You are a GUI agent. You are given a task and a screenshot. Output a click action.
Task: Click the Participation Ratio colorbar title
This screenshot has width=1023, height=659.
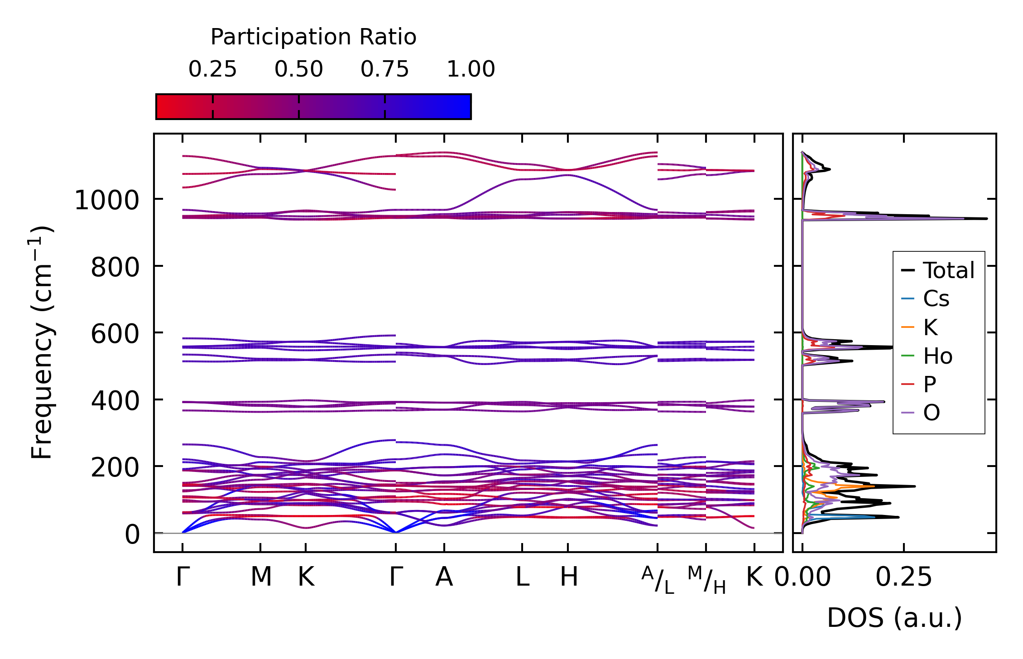[x=313, y=37]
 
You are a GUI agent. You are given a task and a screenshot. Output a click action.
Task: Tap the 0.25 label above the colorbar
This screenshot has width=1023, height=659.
[x=212, y=69]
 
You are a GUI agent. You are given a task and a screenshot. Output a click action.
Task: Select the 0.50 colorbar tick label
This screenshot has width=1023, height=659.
[x=298, y=69]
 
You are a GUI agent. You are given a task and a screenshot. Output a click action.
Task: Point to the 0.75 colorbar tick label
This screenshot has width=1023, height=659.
[x=384, y=69]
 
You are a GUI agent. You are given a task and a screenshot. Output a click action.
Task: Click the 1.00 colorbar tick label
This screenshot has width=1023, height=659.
[x=471, y=69]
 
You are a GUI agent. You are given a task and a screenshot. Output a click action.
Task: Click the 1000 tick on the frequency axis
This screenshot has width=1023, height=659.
[x=106, y=200]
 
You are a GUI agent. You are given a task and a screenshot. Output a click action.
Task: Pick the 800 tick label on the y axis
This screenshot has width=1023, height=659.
[x=115, y=267]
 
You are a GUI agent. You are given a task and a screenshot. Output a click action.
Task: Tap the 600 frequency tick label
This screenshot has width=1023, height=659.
[x=115, y=334]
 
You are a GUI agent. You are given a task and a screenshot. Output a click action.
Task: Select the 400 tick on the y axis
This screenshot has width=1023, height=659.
[x=115, y=401]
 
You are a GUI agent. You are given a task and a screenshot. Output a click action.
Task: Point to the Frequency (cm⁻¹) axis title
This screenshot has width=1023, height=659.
[x=42, y=342]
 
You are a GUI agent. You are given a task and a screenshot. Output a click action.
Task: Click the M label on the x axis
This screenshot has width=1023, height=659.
[x=261, y=577]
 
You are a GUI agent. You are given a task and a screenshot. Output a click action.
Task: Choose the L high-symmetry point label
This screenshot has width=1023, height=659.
[x=522, y=577]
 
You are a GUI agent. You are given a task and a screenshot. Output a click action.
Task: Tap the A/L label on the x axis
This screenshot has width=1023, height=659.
[x=658, y=580]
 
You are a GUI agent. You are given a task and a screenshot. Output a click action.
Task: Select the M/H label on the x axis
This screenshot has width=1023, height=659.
[x=706, y=580]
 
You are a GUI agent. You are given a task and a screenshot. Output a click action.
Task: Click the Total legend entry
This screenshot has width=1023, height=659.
[x=948, y=270]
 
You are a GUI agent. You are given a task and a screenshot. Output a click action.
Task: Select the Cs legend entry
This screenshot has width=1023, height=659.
[x=936, y=299]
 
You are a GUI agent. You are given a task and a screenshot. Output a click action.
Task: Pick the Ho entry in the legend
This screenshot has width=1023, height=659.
[x=937, y=356]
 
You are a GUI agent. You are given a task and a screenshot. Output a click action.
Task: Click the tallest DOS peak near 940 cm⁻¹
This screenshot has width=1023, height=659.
[x=985, y=219]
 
